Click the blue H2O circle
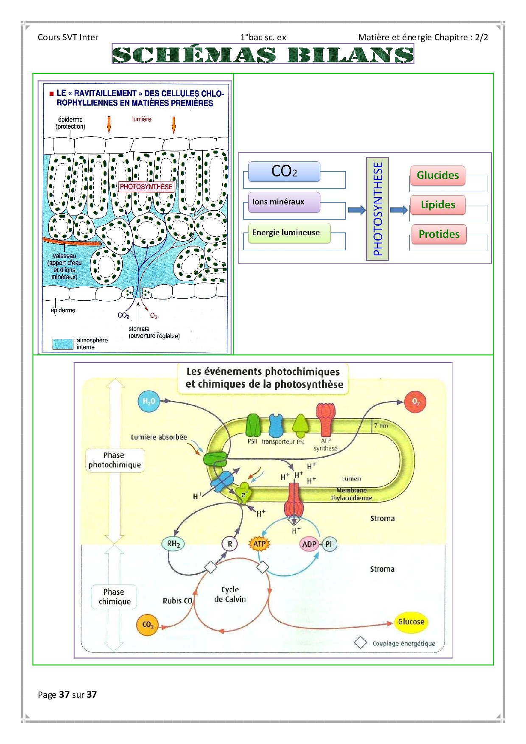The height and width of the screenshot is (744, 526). point(149,401)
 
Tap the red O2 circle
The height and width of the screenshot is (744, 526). point(415,401)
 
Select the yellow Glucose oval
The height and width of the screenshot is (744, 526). point(411,622)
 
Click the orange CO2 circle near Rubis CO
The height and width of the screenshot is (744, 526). point(147,625)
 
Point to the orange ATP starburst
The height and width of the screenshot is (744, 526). point(259,544)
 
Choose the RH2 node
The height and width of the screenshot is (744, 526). point(173,544)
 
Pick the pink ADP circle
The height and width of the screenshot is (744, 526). point(309,544)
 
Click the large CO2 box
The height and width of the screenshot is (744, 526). point(284,171)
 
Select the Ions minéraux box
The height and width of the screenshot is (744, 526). point(283,202)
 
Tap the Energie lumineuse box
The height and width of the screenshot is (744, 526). point(288,233)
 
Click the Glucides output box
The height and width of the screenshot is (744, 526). point(437,176)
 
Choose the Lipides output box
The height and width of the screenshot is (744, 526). point(437,205)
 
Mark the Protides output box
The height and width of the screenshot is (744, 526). point(439,234)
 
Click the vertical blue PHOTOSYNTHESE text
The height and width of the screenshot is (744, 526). point(378,209)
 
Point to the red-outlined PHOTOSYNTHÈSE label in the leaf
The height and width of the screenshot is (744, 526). point(146,187)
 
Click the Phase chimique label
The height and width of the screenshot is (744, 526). point(114,597)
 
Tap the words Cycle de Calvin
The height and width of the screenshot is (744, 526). point(230,594)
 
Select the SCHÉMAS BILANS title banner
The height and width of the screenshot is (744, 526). point(263,54)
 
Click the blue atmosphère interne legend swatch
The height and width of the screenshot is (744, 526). point(63,344)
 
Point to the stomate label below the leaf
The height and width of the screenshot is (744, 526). point(139,329)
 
